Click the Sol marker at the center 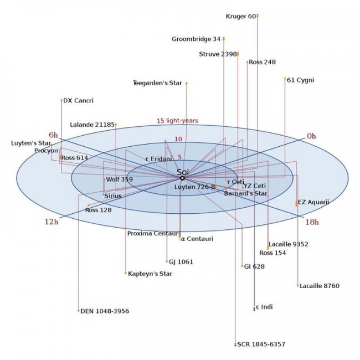(x=182, y=178)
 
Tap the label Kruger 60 (x=241, y=16)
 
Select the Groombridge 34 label (x=196, y=39)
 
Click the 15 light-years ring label (x=177, y=121)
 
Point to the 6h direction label (x=53, y=135)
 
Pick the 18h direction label (x=312, y=222)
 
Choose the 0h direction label (x=312, y=136)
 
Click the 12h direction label (x=52, y=222)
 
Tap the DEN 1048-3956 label (x=105, y=311)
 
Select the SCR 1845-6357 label (x=261, y=344)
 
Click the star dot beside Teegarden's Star (x=187, y=83)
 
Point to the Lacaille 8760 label (x=320, y=286)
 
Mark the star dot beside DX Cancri (x=61, y=100)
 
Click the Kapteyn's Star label (x=150, y=274)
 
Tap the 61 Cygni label (x=300, y=80)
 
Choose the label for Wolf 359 (x=120, y=179)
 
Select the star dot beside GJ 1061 (x=167, y=261)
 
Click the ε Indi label (x=264, y=307)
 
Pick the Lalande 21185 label (x=92, y=125)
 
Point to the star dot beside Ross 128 (x=89, y=205)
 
